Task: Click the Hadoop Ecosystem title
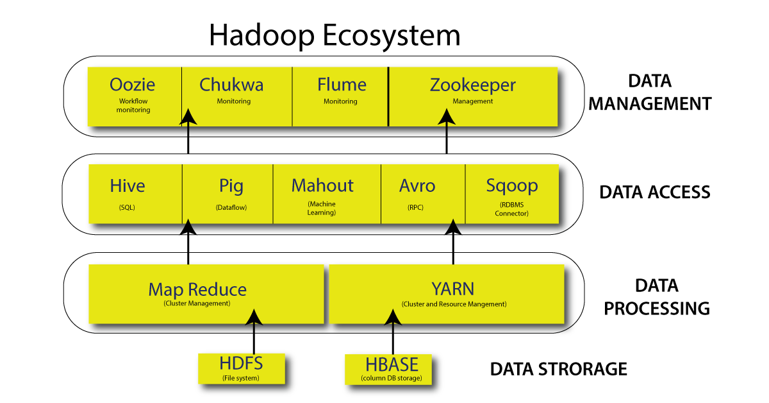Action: (335, 36)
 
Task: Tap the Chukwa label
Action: (231, 85)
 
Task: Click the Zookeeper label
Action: (473, 85)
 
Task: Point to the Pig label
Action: (231, 186)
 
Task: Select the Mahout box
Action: (327, 193)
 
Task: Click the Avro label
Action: (417, 186)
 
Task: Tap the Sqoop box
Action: (511, 193)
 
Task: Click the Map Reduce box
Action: (205, 295)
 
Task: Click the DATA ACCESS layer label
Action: (655, 192)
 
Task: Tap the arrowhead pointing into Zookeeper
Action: (447, 116)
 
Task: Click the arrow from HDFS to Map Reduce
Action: (254, 334)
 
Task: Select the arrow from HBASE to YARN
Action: (393, 334)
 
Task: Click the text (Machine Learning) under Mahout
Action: (322, 209)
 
